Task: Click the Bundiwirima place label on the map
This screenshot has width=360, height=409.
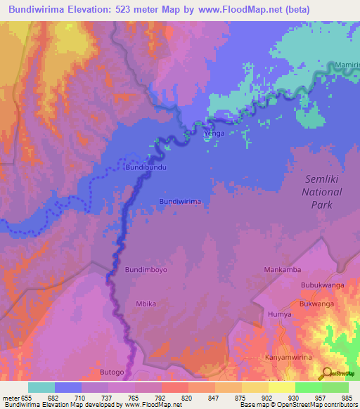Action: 180,201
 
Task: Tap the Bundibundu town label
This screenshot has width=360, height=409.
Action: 146,169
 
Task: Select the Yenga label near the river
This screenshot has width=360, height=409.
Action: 214,133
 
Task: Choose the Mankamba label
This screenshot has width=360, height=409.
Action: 282,270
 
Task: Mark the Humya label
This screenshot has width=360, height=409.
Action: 279,315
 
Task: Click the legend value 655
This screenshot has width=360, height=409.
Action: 27,398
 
